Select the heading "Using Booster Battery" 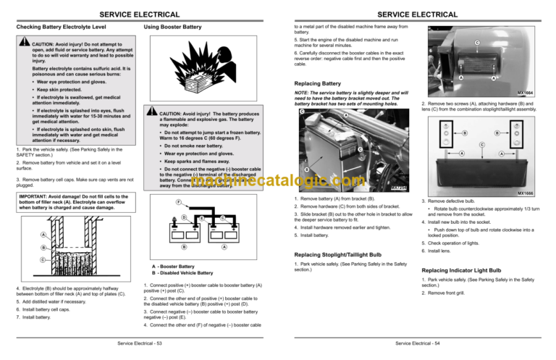(175, 28)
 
